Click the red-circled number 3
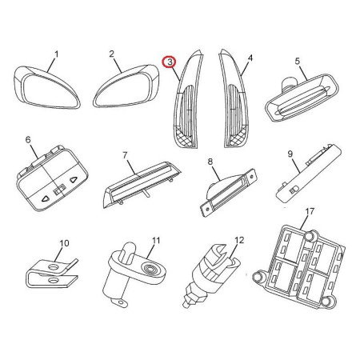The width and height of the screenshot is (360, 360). click(170, 62)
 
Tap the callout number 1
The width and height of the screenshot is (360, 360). click(56, 54)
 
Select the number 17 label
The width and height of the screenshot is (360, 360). click(310, 211)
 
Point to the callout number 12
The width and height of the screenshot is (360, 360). click(239, 240)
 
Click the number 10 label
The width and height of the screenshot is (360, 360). click(64, 243)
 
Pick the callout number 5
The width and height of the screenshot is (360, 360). click(298, 61)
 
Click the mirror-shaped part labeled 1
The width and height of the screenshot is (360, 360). click(46, 88)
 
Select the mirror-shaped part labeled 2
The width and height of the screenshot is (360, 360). click(126, 86)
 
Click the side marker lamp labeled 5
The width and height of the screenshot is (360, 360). click(302, 98)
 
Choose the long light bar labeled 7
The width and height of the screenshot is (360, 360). click(142, 185)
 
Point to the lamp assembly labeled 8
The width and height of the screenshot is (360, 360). click(228, 192)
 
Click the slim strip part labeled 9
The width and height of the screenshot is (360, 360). click(309, 174)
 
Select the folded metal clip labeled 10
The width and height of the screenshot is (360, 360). click(52, 274)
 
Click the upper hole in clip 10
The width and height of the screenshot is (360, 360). click(54, 266)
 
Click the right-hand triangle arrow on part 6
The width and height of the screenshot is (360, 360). click(73, 180)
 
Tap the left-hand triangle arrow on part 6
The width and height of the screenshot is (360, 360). click(46, 198)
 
